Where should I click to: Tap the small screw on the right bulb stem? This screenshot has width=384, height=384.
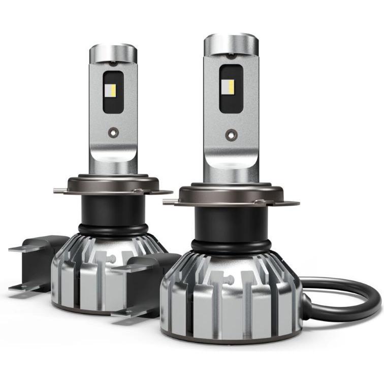pyautogui.click(x=230, y=134)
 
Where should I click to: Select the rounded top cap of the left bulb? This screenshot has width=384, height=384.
pyautogui.click(x=113, y=53)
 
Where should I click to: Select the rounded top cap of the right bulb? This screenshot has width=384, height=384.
pyautogui.click(x=231, y=43)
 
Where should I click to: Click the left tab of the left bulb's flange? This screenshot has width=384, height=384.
pyautogui.click(x=60, y=191)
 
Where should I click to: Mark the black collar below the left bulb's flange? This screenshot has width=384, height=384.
pyautogui.click(x=109, y=208)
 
